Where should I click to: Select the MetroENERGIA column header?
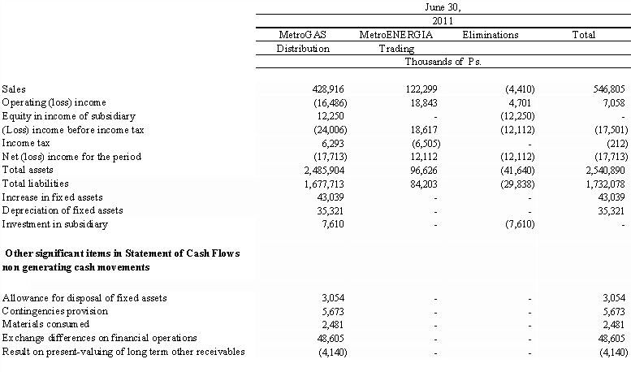(x=394, y=36)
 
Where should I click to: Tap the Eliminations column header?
(x=490, y=36)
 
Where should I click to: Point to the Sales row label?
(x=14, y=89)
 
